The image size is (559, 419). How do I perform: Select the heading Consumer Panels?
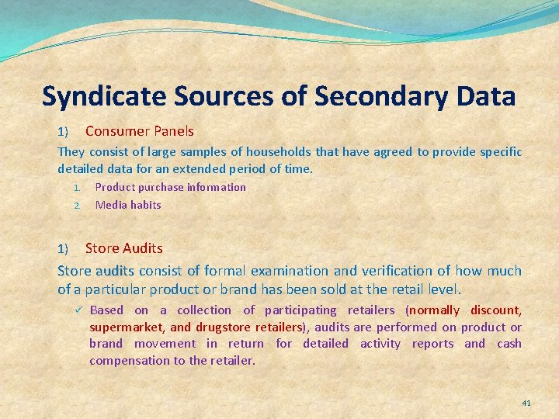click(139, 131)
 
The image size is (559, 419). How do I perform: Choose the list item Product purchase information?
click(170, 187)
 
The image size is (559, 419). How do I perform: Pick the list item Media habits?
click(128, 205)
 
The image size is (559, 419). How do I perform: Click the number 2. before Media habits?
click(77, 206)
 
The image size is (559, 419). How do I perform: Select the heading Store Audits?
click(123, 248)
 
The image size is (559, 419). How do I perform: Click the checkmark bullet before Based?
click(78, 310)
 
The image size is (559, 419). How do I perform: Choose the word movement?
click(165, 344)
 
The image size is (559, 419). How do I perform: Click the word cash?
click(509, 344)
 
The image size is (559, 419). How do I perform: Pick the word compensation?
click(128, 360)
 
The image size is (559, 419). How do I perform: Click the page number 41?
click(526, 403)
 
